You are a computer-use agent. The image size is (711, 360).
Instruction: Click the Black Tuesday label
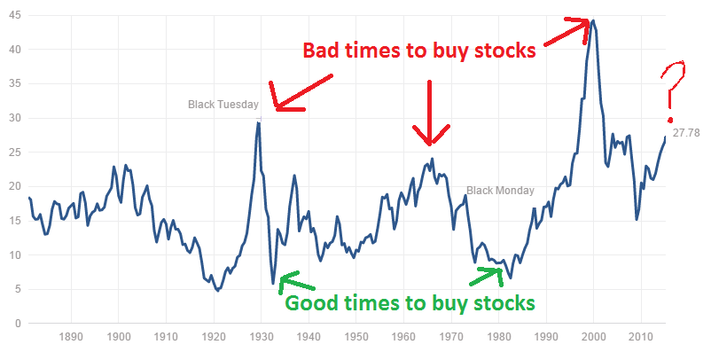[223, 105]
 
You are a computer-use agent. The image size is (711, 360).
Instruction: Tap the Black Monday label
[500, 191]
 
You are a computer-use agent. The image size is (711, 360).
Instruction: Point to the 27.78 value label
[686, 133]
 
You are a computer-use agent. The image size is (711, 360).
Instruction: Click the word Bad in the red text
[321, 50]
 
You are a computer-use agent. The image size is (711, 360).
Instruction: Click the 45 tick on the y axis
[14, 16]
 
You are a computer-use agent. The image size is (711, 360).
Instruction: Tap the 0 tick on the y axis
[18, 324]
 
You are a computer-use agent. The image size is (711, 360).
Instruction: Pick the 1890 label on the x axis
[71, 337]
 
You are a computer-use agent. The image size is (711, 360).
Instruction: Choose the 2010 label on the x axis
[641, 337]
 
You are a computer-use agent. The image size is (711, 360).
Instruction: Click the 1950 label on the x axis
[356, 337]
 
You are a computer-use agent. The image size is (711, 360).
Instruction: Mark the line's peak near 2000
[593, 20]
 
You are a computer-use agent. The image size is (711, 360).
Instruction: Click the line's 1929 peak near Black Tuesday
[258, 122]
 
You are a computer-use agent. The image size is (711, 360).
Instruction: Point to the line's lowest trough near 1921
[218, 290]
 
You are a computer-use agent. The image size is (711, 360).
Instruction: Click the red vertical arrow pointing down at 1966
[429, 113]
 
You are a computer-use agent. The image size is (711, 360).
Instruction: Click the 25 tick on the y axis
[14, 153]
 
